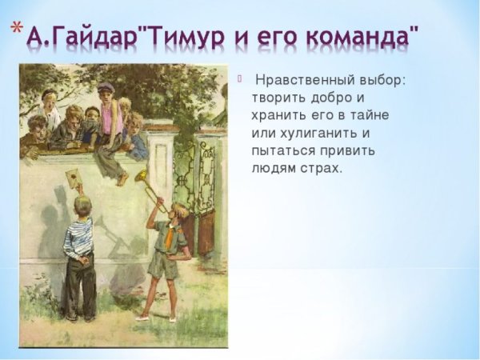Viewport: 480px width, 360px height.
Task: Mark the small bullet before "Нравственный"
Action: tap(238, 78)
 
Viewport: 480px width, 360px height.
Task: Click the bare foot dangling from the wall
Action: tap(122, 178)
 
